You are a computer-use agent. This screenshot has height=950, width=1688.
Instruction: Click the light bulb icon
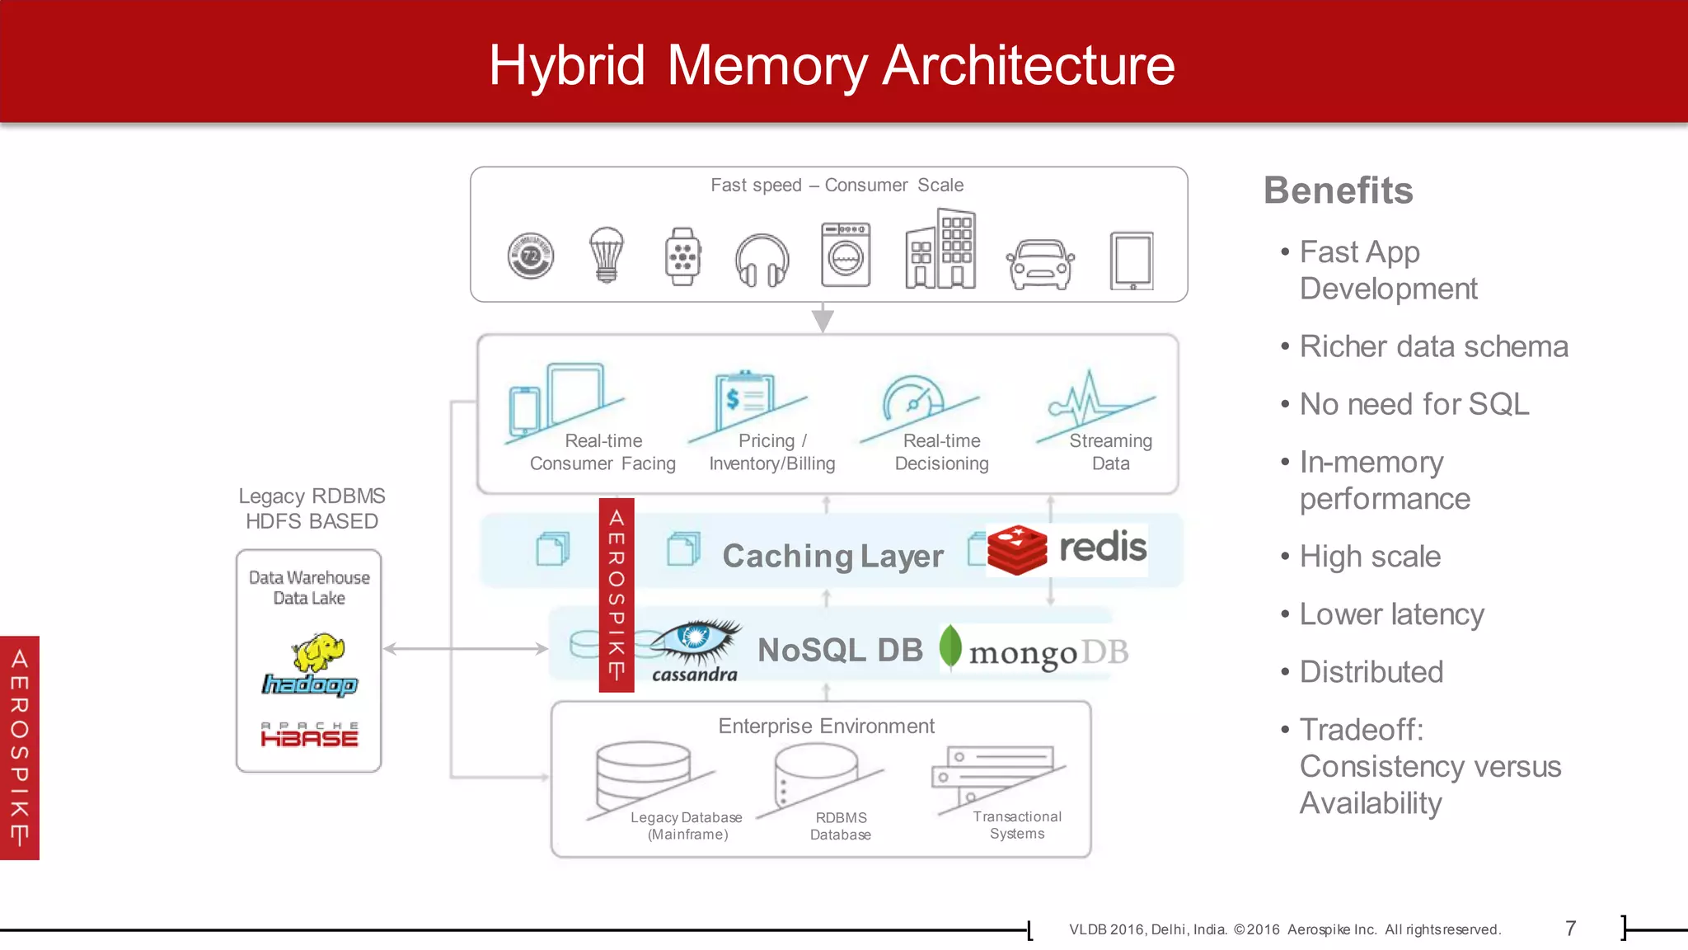[x=607, y=255]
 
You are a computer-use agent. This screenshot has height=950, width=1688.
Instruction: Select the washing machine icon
[x=846, y=255]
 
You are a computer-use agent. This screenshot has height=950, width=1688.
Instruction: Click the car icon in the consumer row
[x=1040, y=264]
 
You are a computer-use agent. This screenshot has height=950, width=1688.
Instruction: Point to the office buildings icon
[x=940, y=250]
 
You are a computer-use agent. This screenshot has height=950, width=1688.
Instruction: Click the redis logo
[x=1067, y=549]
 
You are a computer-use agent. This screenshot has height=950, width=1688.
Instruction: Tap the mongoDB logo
[x=1034, y=651]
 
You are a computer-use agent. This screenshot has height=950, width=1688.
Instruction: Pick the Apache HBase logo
[x=310, y=735]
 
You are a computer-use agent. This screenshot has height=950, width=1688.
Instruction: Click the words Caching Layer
[x=832, y=557]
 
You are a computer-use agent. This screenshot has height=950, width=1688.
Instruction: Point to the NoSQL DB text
[x=840, y=651]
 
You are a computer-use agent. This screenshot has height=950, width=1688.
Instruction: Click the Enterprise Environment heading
[x=826, y=727]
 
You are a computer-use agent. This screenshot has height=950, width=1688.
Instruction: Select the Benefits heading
[x=1338, y=191]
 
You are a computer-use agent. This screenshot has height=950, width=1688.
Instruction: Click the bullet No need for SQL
[x=1414, y=405]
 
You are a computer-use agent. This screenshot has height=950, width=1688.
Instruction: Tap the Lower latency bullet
[x=1391, y=615]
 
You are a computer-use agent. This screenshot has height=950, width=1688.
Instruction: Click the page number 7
[x=1570, y=929]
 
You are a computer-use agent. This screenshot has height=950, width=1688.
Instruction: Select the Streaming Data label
[x=1110, y=452]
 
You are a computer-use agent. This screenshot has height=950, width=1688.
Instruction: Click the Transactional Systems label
[x=1016, y=825]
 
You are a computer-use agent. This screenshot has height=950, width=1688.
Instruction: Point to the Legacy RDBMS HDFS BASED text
[x=312, y=509]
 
